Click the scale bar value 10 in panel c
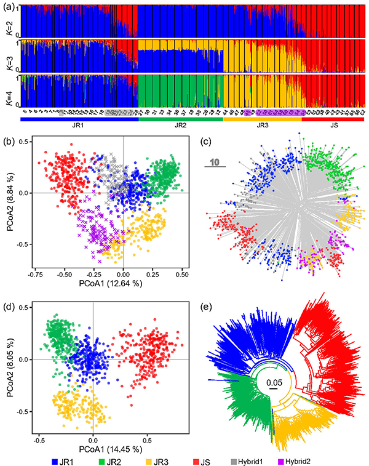click(216, 161)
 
